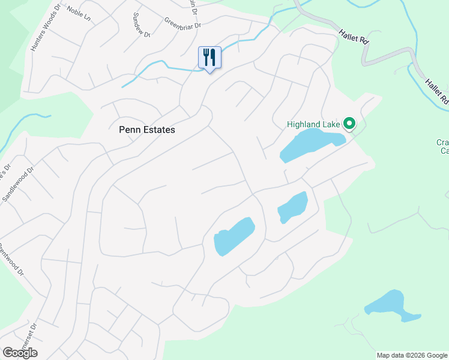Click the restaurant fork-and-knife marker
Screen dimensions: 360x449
pos(209,58)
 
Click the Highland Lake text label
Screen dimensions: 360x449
pos(313,125)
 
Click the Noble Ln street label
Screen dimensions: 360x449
pos(77,10)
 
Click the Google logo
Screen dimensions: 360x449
pos(20,352)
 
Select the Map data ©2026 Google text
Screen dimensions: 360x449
pos(412,355)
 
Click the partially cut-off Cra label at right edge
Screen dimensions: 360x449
pos(443,146)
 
